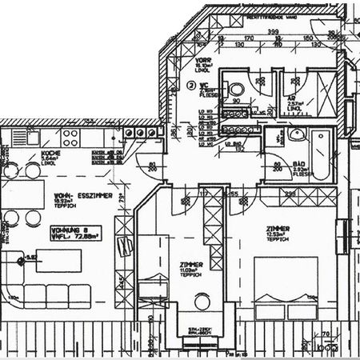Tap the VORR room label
point(202,61)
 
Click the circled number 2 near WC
point(191,83)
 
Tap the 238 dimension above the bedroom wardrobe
point(288,194)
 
